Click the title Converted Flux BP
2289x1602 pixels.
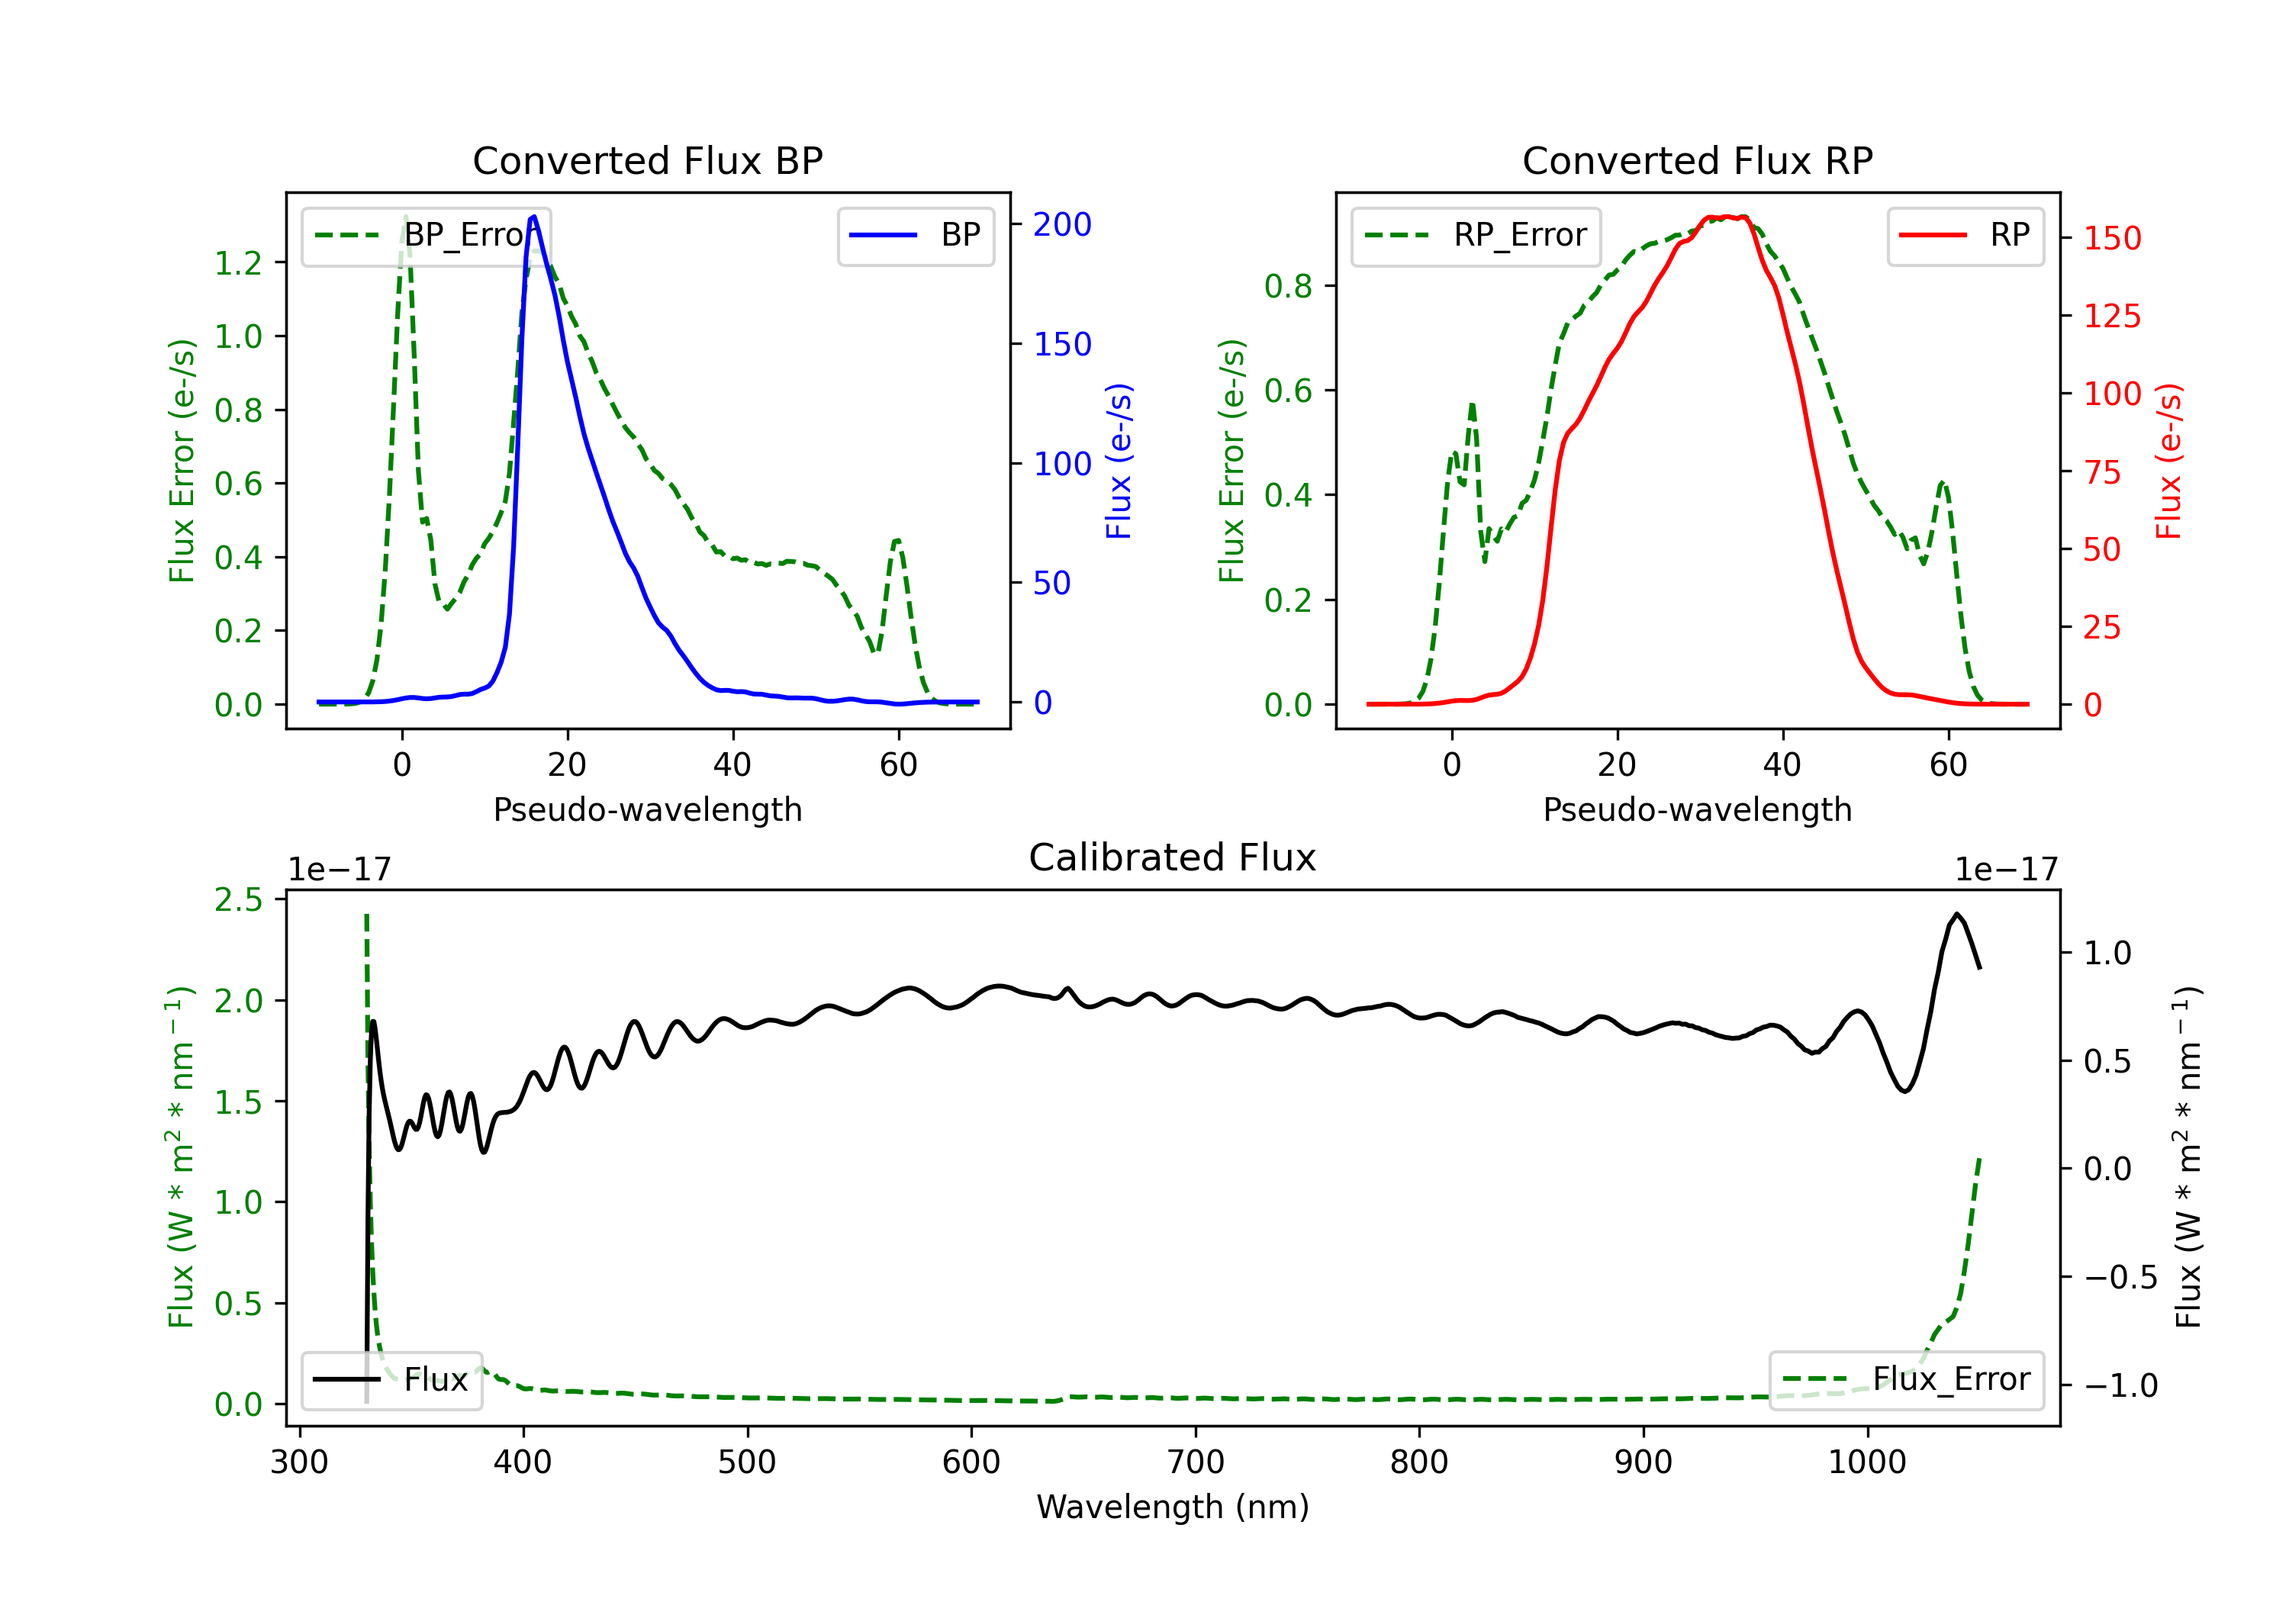(x=647, y=160)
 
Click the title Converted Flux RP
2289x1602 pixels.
(x=1697, y=160)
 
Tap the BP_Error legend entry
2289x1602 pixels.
(x=426, y=235)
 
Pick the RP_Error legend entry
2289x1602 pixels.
(x=1476, y=235)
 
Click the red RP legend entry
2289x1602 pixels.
(x=1965, y=235)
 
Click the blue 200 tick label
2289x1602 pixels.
(x=1062, y=224)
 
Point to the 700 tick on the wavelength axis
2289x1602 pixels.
(x=1196, y=1462)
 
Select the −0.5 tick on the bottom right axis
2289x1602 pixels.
(x=2120, y=1277)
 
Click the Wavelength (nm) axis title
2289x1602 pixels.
(x=1173, y=1507)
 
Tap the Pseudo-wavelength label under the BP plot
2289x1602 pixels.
(x=647, y=809)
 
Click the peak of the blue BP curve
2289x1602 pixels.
(x=534, y=217)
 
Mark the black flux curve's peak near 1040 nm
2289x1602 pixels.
(x=1957, y=913)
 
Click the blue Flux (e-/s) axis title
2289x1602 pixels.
(x=1119, y=461)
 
